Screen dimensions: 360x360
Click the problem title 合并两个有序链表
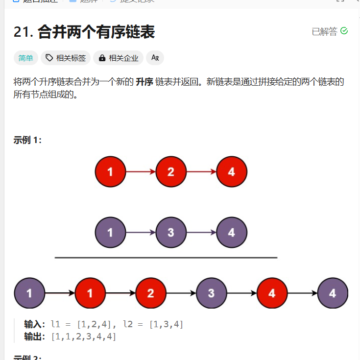pos(96,32)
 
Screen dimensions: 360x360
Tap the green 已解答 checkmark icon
pos(344,31)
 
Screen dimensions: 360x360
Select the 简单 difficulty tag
pos(25,58)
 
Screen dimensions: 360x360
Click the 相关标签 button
pos(66,58)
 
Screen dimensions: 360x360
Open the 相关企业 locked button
pos(118,58)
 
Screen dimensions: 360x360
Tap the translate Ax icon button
pos(155,58)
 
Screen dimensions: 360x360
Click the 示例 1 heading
pos(27,140)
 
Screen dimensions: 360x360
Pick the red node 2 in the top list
pos(170,172)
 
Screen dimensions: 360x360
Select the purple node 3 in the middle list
pos(170,232)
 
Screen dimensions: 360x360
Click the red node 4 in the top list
pos(231,172)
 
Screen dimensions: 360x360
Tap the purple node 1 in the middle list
pos(110,232)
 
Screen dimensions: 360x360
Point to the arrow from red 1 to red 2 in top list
pos(141,172)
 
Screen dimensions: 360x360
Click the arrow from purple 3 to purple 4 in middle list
pos(201,232)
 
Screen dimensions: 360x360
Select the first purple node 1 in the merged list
pos(29,293)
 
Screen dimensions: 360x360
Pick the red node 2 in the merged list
pos(150,293)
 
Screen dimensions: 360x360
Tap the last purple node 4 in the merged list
pos(333,293)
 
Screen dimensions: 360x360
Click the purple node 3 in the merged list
pos(211,293)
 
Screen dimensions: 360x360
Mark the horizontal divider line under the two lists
pos(166,258)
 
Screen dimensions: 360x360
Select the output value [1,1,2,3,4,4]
pos(84,336)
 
